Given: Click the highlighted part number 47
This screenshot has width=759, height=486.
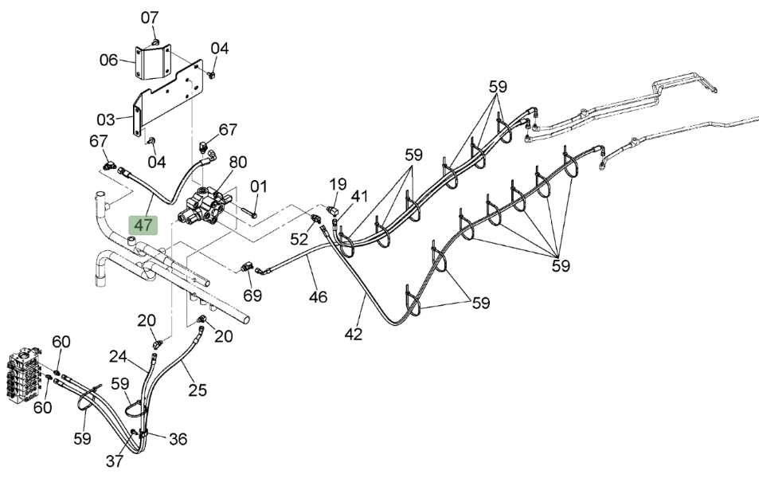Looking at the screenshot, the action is coord(143,225).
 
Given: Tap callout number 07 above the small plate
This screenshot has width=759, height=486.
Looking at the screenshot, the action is coord(150,18).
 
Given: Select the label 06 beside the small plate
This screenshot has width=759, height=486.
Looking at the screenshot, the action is coord(108,60).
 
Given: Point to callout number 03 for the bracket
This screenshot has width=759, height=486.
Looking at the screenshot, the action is coord(106,119).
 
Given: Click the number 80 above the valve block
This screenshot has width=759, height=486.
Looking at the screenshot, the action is coord(237,162).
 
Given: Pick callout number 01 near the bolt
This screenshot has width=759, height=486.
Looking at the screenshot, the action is coord(259,186).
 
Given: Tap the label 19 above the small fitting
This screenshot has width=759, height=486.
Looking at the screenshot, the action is coord(338,184).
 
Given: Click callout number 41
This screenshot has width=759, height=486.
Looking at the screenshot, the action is coord(360,196).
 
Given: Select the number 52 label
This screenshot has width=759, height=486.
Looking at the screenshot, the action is coord(299,239).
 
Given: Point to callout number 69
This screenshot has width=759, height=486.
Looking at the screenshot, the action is coord(252,295).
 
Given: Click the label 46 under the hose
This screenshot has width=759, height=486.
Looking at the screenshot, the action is coord(318,296).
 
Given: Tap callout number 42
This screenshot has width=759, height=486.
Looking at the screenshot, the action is coord(354,334).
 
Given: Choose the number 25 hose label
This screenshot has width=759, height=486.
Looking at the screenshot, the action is coord(198,390).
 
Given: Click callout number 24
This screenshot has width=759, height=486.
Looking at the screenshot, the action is coord(118,357).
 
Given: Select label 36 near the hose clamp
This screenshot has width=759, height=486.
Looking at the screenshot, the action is coord(178,439).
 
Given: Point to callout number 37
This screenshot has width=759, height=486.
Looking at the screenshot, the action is coord(115,461).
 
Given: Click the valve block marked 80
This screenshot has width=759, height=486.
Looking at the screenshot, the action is coord(204,208).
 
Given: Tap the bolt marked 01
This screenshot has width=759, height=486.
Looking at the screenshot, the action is coord(248,213).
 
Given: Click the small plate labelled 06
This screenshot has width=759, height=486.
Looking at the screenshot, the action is coord(152,61).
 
